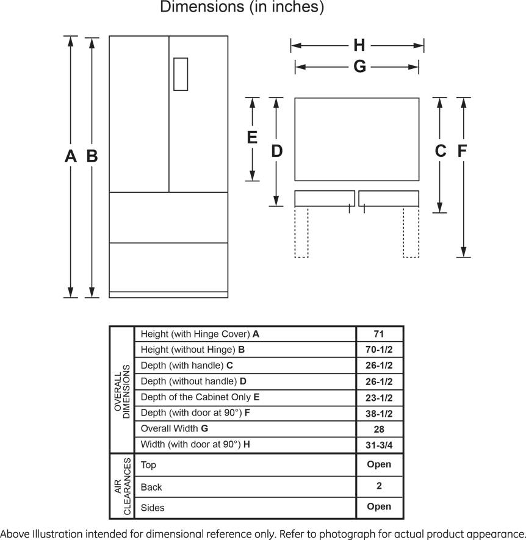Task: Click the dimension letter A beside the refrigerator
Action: pyautogui.click(x=71, y=156)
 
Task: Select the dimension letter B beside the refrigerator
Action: pyautogui.click(x=92, y=156)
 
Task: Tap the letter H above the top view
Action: pyautogui.click(x=359, y=45)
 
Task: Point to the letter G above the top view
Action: pyautogui.click(x=359, y=67)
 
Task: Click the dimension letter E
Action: pyautogui.click(x=252, y=137)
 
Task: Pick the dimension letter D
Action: pyautogui.click(x=276, y=151)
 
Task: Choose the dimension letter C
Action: pyautogui.click(x=440, y=151)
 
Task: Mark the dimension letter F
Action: pyautogui.click(x=462, y=151)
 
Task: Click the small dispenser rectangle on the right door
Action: pyautogui.click(x=181, y=74)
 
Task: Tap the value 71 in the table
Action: pyautogui.click(x=378, y=334)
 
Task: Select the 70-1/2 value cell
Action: pyautogui.click(x=379, y=350)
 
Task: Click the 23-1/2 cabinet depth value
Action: pyautogui.click(x=379, y=398)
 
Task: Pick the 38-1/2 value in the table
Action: pyautogui.click(x=379, y=414)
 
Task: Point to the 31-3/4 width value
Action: pyautogui.click(x=379, y=445)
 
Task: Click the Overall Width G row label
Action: pyautogui.click(x=175, y=428)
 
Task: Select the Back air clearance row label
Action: pyautogui.click(x=151, y=487)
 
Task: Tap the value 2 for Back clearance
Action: pyautogui.click(x=379, y=486)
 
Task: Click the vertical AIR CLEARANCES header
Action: pyautogui.click(x=122, y=486)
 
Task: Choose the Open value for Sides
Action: pyautogui.click(x=379, y=506)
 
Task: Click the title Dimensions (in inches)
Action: pyautogui.click(x=242, y=7)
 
